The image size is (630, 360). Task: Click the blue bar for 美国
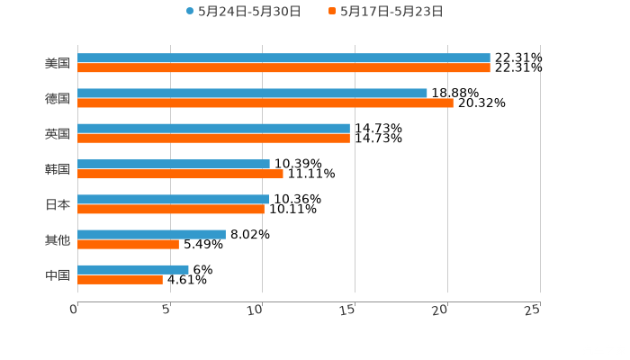[x=283, y=58]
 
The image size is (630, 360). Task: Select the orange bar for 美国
[x=283, y=67]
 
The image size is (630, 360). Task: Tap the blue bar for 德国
[x=252, y=94]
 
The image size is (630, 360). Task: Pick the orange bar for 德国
[x=265, y=103]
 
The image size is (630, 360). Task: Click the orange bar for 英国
[x=213, y=138]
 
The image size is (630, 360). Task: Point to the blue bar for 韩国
[x=174, y=164]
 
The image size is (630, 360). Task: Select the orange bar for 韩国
[x=180, y=174]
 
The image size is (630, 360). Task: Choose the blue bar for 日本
[x=173, y=199]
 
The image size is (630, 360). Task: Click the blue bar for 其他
[x=151, y=234]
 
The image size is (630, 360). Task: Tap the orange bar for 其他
[x=128, y=244]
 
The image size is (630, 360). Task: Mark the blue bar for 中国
[x=133, y=269]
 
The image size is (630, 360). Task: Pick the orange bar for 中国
[x=120, y=279]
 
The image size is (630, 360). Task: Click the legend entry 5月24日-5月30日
[x=243, y=12]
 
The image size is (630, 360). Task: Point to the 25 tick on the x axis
[x=533, y=310]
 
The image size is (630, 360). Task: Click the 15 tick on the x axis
[x=348, y=310]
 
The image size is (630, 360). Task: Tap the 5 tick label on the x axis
[x=166, y=310]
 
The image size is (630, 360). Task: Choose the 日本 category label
[x=58, y=204]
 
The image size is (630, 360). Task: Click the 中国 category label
[x=58, y=274]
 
